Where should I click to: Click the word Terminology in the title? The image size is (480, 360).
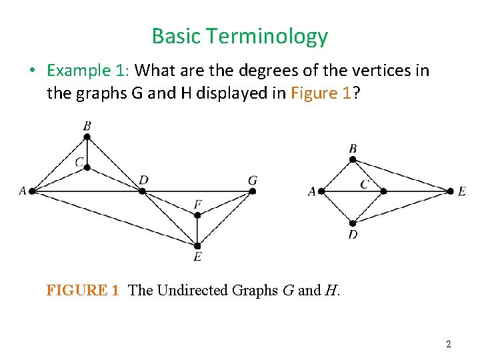tap(274, 37)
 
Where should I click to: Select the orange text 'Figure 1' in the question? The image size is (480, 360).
tap(321, 93)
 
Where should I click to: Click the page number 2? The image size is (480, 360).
tap(448, 344)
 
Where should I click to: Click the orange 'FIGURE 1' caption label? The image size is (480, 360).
tap(83, 290)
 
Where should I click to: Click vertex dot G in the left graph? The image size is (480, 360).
tap(253, 191)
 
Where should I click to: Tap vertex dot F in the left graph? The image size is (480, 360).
tap(197, 215)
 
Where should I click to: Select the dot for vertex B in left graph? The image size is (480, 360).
tap(87, 137)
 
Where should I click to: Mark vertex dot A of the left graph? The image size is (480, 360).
tap(31, 191)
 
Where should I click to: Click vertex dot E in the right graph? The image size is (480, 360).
tap(449, 191)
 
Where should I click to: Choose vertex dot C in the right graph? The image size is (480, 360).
tap(383, 191)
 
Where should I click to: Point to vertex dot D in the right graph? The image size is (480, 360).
tap(353, 223)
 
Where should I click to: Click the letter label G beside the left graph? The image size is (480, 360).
tap(252, 180)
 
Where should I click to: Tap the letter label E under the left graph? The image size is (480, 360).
tap(197, 257)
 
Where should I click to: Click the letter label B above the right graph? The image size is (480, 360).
tap(353, 148)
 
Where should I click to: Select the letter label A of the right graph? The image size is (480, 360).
tap(311, 191)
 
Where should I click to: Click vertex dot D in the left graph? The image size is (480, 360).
tap(142, 191)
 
